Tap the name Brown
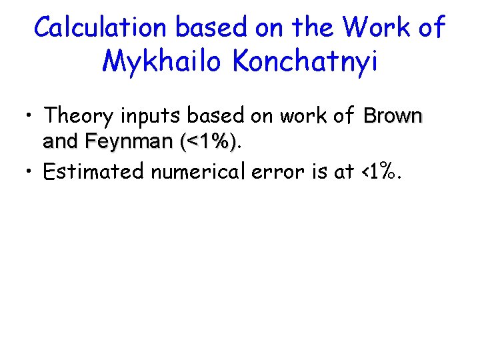coord(393,116)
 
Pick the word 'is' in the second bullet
coord(312,171)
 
